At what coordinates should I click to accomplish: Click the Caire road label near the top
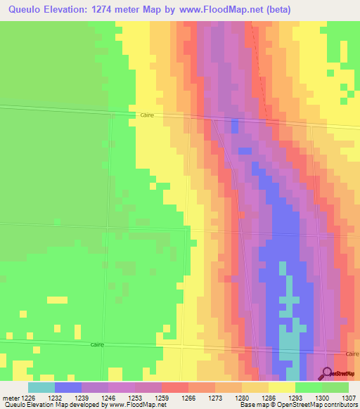[x=147, y=115]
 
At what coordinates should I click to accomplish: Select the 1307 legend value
[x=348, y=397]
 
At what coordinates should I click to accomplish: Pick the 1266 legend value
[x=188, y=397]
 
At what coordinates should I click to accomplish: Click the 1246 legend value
[x=108, y=397]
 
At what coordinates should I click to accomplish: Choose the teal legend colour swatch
[x=41, y=387]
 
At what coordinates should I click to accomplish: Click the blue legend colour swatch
[x=68, y=387]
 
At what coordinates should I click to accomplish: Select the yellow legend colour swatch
[x=281, y=387]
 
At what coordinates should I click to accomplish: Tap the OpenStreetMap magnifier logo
[x=326, y=373]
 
